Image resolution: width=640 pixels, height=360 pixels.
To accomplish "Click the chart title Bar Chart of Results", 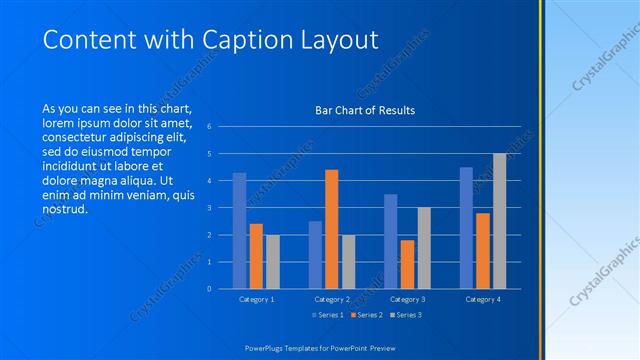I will pyautogui.click(x=358, y=110).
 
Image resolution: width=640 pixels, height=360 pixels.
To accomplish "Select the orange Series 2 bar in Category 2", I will pyautogui.click(x=331, y=229).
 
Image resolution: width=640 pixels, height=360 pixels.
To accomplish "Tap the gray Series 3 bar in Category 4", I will pyautogui.click(x=499, y=221).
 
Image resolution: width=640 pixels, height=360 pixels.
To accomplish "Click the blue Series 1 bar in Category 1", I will pyautogui.click(x=239, y=230).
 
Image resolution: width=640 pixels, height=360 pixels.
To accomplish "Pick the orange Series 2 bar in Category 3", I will pyautogui.click(x=407, y=264).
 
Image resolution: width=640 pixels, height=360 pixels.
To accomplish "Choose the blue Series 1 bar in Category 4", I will pyautogui.click(x=466, y=228).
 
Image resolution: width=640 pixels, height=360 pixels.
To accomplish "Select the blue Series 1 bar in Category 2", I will pyautogui.click(x=315, y=255).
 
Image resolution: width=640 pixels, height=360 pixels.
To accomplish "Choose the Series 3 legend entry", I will pyautogui.click(x=404, y=315).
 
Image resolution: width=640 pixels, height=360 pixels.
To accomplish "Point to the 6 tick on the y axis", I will pyautogui.click(x=210, y=127).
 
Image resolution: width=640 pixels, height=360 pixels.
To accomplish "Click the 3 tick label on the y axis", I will pyautogui.click(x=210, y=208).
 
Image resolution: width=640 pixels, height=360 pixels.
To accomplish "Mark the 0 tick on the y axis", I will pyautogui.click(x=210, y=289).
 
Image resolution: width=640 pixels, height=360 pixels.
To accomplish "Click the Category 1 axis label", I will pyautogui.click(x=256, y=299).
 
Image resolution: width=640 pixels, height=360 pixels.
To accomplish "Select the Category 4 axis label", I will pyautogui.click(x=482, y=299).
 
